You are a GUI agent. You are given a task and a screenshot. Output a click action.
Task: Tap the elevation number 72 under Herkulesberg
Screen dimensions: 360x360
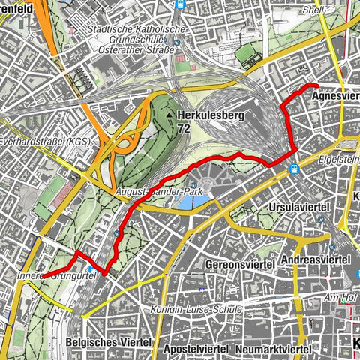(184, 130)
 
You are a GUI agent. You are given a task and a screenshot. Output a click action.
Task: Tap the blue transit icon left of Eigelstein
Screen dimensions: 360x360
(295, 169)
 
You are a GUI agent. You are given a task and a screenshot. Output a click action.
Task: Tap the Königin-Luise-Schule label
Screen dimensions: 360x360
(202, 309)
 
